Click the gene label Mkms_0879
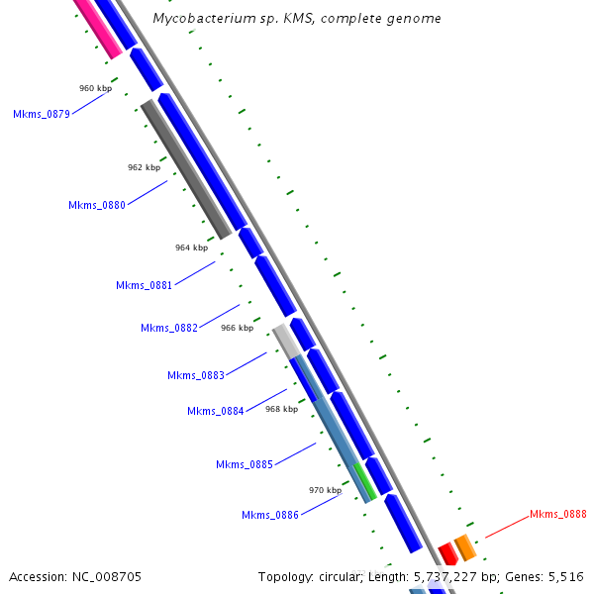point(42,115)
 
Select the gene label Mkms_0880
point(97,206)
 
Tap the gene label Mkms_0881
point(145,286)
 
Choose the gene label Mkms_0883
point(196,376)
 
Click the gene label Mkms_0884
point(216,412)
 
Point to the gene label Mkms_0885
point(245,465)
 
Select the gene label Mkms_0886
point(270,515)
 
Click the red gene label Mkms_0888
point(558,515)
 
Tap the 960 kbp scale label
point(96,89)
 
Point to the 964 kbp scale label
point(192,247)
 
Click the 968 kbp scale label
point(282,409)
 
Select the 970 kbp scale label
point(325,490)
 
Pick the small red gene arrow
point(447,553)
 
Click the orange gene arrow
point(464,546)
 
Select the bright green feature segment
point(364,479)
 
